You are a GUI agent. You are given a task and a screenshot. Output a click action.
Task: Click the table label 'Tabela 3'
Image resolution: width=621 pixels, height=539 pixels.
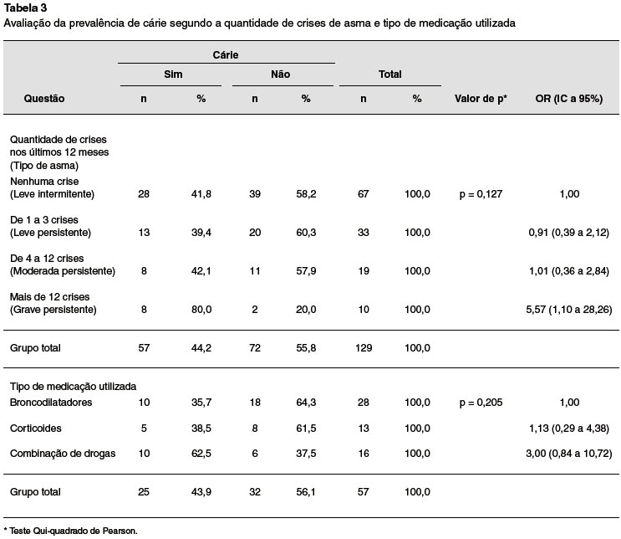25,8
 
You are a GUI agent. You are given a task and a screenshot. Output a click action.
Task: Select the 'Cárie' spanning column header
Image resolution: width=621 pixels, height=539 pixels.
226,54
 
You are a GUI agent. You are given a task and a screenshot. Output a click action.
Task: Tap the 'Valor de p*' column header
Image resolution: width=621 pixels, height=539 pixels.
481,99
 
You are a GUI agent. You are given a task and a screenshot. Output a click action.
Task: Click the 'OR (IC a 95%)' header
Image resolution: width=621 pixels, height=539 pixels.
569,99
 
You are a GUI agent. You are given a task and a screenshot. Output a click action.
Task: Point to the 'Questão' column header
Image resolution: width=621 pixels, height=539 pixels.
44,99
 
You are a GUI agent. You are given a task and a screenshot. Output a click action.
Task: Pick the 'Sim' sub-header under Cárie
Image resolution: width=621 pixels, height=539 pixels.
173,74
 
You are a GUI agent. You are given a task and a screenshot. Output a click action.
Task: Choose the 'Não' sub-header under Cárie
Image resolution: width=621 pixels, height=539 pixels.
280,74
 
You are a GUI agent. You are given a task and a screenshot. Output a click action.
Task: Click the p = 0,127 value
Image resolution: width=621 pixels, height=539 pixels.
481,194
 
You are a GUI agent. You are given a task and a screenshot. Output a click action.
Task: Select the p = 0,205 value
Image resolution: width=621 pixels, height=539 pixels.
481,403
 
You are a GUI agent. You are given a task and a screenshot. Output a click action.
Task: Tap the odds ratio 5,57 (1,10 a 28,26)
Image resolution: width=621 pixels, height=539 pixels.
569,310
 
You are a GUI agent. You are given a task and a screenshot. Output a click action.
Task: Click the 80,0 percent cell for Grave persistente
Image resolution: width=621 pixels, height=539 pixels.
201,310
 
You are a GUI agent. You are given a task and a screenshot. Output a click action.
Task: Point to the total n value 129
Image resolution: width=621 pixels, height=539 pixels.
364,348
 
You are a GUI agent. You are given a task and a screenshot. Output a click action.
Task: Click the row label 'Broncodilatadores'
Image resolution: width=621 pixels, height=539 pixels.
51,403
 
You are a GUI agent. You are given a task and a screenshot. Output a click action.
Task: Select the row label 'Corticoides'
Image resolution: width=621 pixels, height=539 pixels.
36,429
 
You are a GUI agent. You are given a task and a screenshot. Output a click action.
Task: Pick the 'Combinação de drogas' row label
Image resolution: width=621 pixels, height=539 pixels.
63,454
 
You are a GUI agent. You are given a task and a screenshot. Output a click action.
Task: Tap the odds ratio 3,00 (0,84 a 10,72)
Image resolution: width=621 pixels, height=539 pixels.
569,454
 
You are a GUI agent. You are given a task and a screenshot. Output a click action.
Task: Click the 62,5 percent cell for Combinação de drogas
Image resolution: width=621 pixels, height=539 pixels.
201,454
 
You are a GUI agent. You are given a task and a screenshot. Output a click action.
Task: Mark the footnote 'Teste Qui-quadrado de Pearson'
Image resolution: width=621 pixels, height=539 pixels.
73,531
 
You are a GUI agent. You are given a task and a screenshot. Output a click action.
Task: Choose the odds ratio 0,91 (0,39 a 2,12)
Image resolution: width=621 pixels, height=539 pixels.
569,233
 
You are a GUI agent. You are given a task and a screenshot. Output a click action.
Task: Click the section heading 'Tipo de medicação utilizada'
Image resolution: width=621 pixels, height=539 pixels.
73,387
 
